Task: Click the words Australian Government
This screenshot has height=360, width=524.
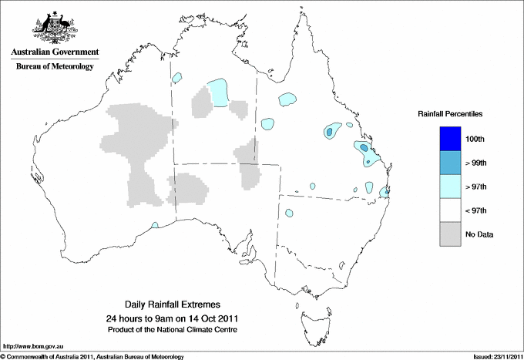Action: pos(55,52)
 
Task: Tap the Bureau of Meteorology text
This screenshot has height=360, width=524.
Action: pos(55,67)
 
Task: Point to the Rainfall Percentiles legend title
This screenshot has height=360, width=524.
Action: pos(450,114)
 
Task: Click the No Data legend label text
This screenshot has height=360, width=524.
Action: pos(479,234)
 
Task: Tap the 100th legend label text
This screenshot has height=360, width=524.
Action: pos(475,140)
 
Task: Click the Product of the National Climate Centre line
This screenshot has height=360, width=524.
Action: pos(172,329)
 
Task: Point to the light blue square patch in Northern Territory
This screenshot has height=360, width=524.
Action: pos(220,93)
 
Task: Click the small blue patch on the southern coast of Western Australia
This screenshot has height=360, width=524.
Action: pos(155,225)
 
